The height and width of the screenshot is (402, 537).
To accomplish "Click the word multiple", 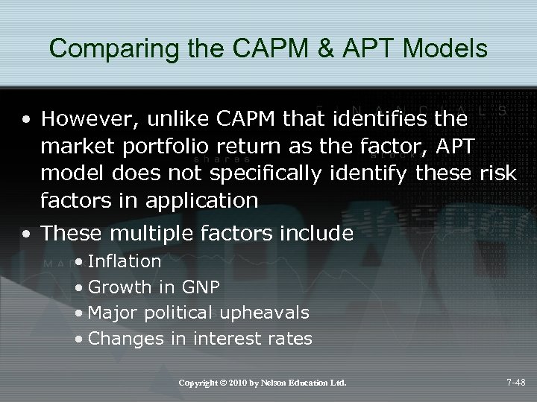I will (146, 234).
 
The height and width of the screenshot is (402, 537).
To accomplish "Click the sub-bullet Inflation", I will (125, 261).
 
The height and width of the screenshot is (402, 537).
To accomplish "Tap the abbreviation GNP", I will (203, 287).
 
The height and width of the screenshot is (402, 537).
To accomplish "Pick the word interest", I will (229, 339).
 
